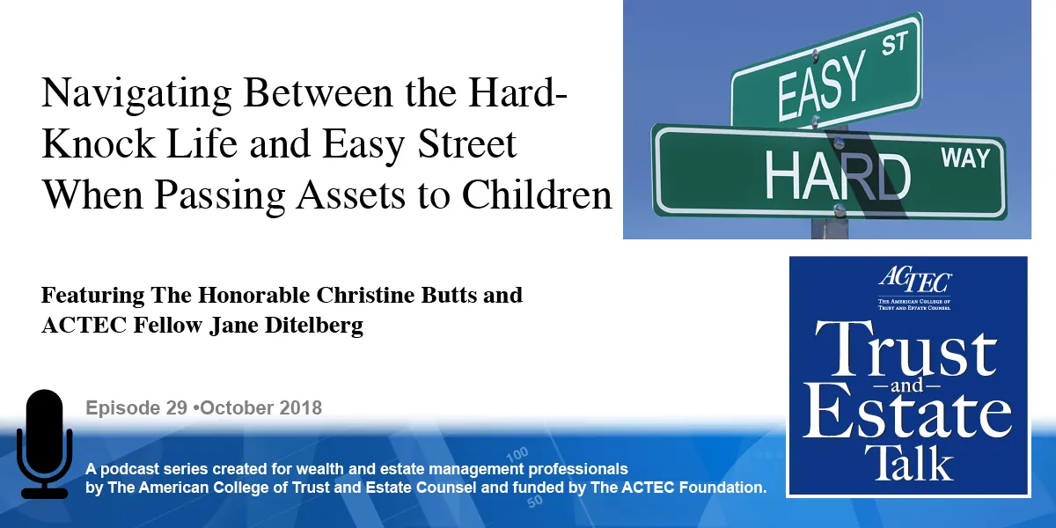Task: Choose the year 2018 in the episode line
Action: pos(299,408)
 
